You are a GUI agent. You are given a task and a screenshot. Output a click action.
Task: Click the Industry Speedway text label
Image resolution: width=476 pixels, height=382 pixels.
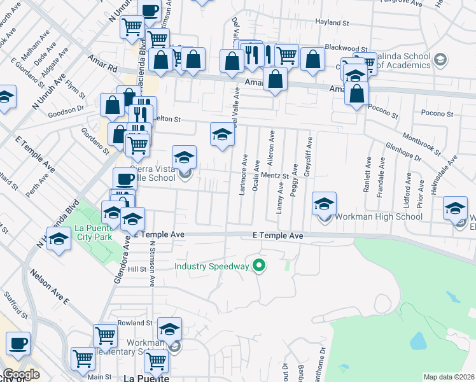coord(212,265)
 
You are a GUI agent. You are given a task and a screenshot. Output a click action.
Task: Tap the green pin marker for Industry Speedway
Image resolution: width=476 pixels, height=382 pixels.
coord(258,265)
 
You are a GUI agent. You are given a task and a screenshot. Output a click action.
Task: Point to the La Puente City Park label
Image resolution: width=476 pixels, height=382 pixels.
coord(94,232)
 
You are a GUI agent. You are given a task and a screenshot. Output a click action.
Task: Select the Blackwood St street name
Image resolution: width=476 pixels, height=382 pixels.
coord(346,48)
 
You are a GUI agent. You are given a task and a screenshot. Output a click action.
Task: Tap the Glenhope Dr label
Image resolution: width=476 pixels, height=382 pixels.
coord(403,152)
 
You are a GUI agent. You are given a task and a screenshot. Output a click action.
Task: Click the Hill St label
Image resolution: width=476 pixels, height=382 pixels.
coord(137,269)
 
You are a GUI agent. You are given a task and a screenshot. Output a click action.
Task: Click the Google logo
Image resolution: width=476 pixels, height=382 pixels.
coord(21,374)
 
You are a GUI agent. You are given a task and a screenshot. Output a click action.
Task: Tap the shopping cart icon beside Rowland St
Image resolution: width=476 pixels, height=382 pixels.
coord(105,335)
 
